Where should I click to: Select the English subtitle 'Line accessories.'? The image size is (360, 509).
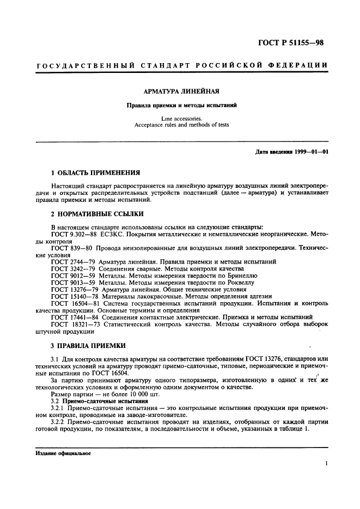(181, 118)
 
